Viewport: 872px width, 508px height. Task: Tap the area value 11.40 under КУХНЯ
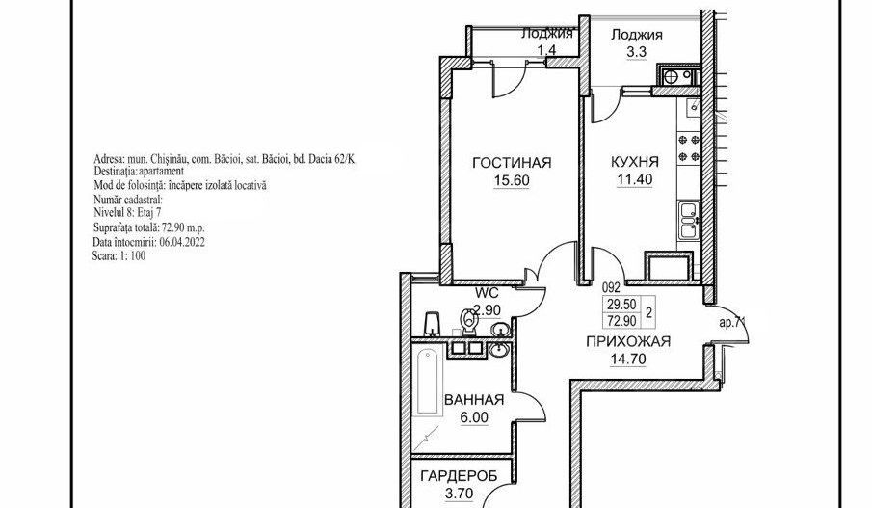(636, 178)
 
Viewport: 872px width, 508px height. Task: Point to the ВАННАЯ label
(473, 402)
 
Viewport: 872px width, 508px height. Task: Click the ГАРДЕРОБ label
(458, 476)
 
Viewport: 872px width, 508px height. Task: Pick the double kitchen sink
(689, 218)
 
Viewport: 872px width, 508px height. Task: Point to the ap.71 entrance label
(731, 326)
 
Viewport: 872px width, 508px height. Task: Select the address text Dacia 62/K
(342, 158)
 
